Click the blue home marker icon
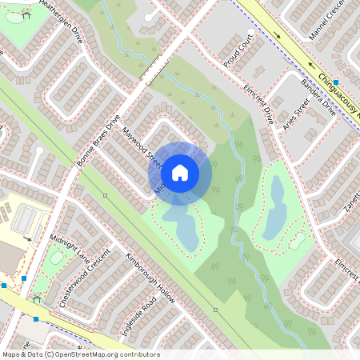click(180, 172)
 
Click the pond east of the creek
click(277, 203)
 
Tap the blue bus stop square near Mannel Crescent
click(337, 82)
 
